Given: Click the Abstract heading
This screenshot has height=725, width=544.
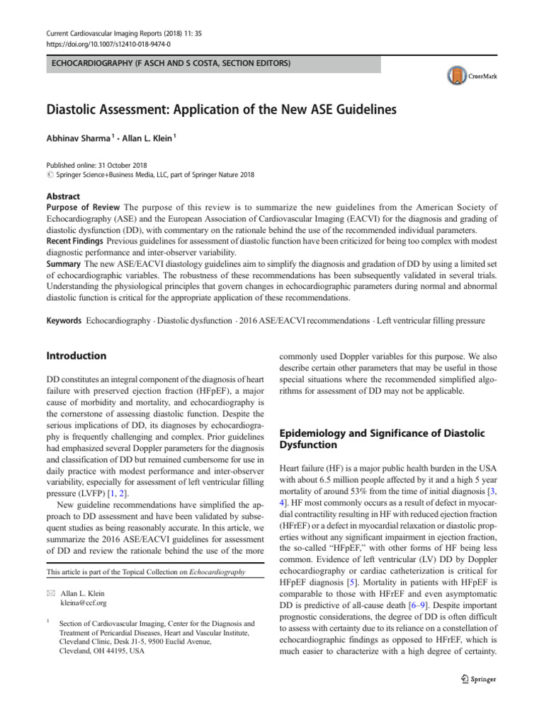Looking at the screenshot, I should coord(63,196).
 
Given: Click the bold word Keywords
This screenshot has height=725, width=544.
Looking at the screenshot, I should coord(64,321).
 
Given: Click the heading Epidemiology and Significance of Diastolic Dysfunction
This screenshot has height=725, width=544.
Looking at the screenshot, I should coord(379,439).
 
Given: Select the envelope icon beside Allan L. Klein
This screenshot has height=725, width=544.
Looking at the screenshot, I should coord(50,572).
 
